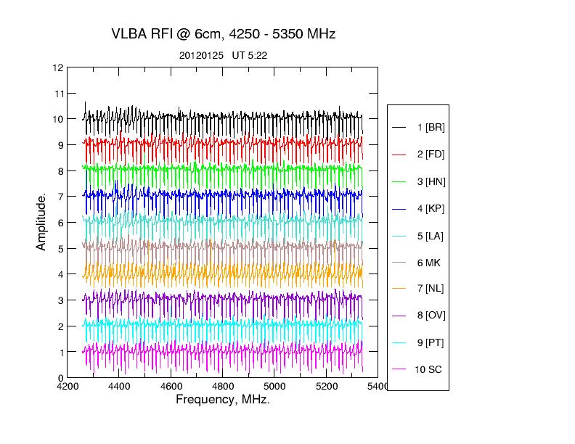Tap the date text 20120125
click(x=201, y=55)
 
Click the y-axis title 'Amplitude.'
click(x=41, y=222)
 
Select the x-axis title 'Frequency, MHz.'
click(x=223, y=400)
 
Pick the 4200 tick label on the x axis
click(x=68, y=387)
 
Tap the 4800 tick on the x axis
click(x=223, y=387)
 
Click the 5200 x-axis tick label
click(x=327, y=387)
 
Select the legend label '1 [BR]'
click(x=431, y=128)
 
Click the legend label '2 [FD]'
click(x=431, y=155)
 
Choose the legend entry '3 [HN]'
click(x=431, y=181)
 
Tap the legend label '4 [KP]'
click(x=431, y=209)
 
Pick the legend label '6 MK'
click(x=428, y=262)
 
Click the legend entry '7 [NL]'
click(x=431, y=289)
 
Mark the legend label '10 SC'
click(x=428, y=369)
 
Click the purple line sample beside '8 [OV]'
click(x=399, y=316)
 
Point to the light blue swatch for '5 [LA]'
click(x=399, y=236)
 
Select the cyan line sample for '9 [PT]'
click(x=399, y=342)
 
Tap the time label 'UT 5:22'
click(x=249, y=55)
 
